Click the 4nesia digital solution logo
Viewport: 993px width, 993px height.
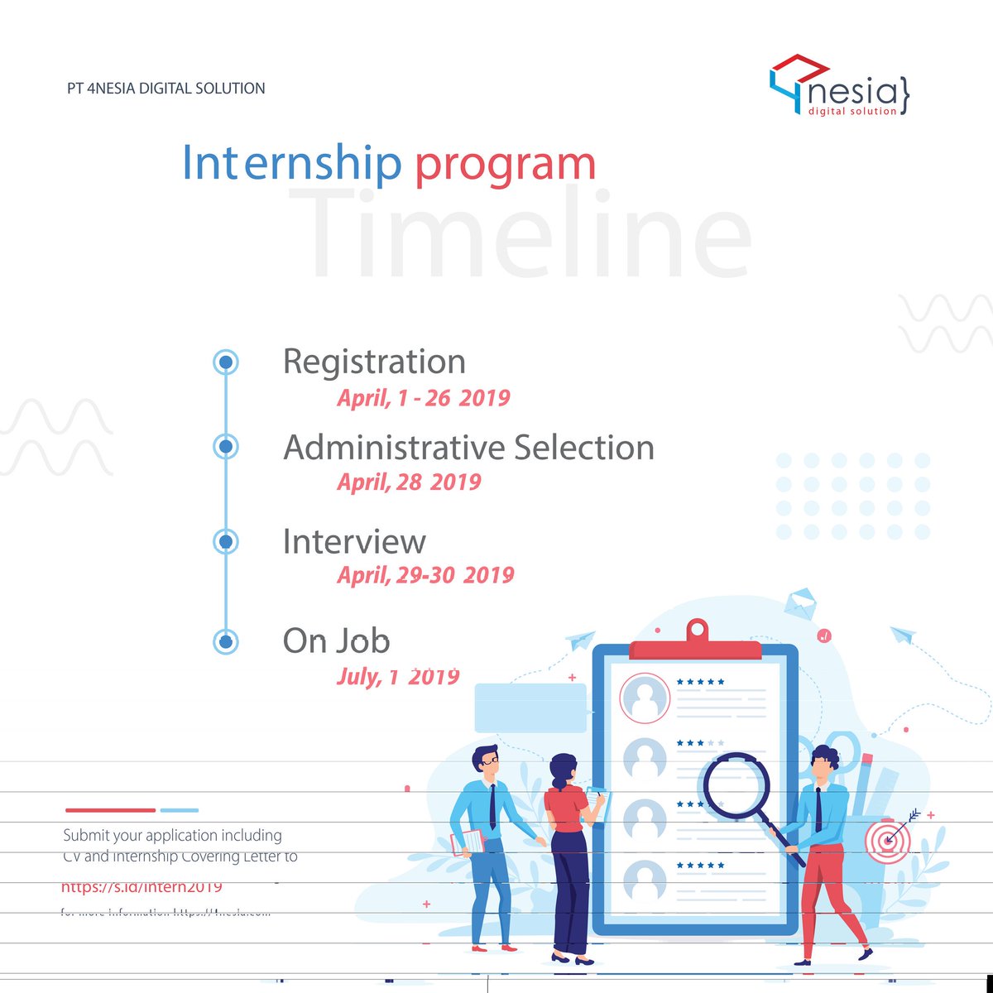coord(839,87)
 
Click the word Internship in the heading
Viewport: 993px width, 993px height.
coord(291,163)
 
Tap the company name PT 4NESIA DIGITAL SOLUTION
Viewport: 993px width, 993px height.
coord(166,88)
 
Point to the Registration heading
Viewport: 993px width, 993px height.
coord(374,362)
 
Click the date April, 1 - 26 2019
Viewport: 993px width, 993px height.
coord(423,398)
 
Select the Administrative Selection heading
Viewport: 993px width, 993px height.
coord(468,447)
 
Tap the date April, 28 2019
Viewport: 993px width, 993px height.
coord(409,482)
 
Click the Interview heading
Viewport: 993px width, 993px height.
coord(354,541)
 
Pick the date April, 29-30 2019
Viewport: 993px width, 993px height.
coord(425,575)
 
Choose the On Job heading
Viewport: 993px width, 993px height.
coord(336,640)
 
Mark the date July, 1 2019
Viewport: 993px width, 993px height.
coord(397,677)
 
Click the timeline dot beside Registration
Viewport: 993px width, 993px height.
coord(225,362)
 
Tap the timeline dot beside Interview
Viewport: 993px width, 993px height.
coord(225,541)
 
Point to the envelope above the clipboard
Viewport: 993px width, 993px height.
coord(799,602)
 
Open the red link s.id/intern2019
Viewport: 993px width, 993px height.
coord(142,887)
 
